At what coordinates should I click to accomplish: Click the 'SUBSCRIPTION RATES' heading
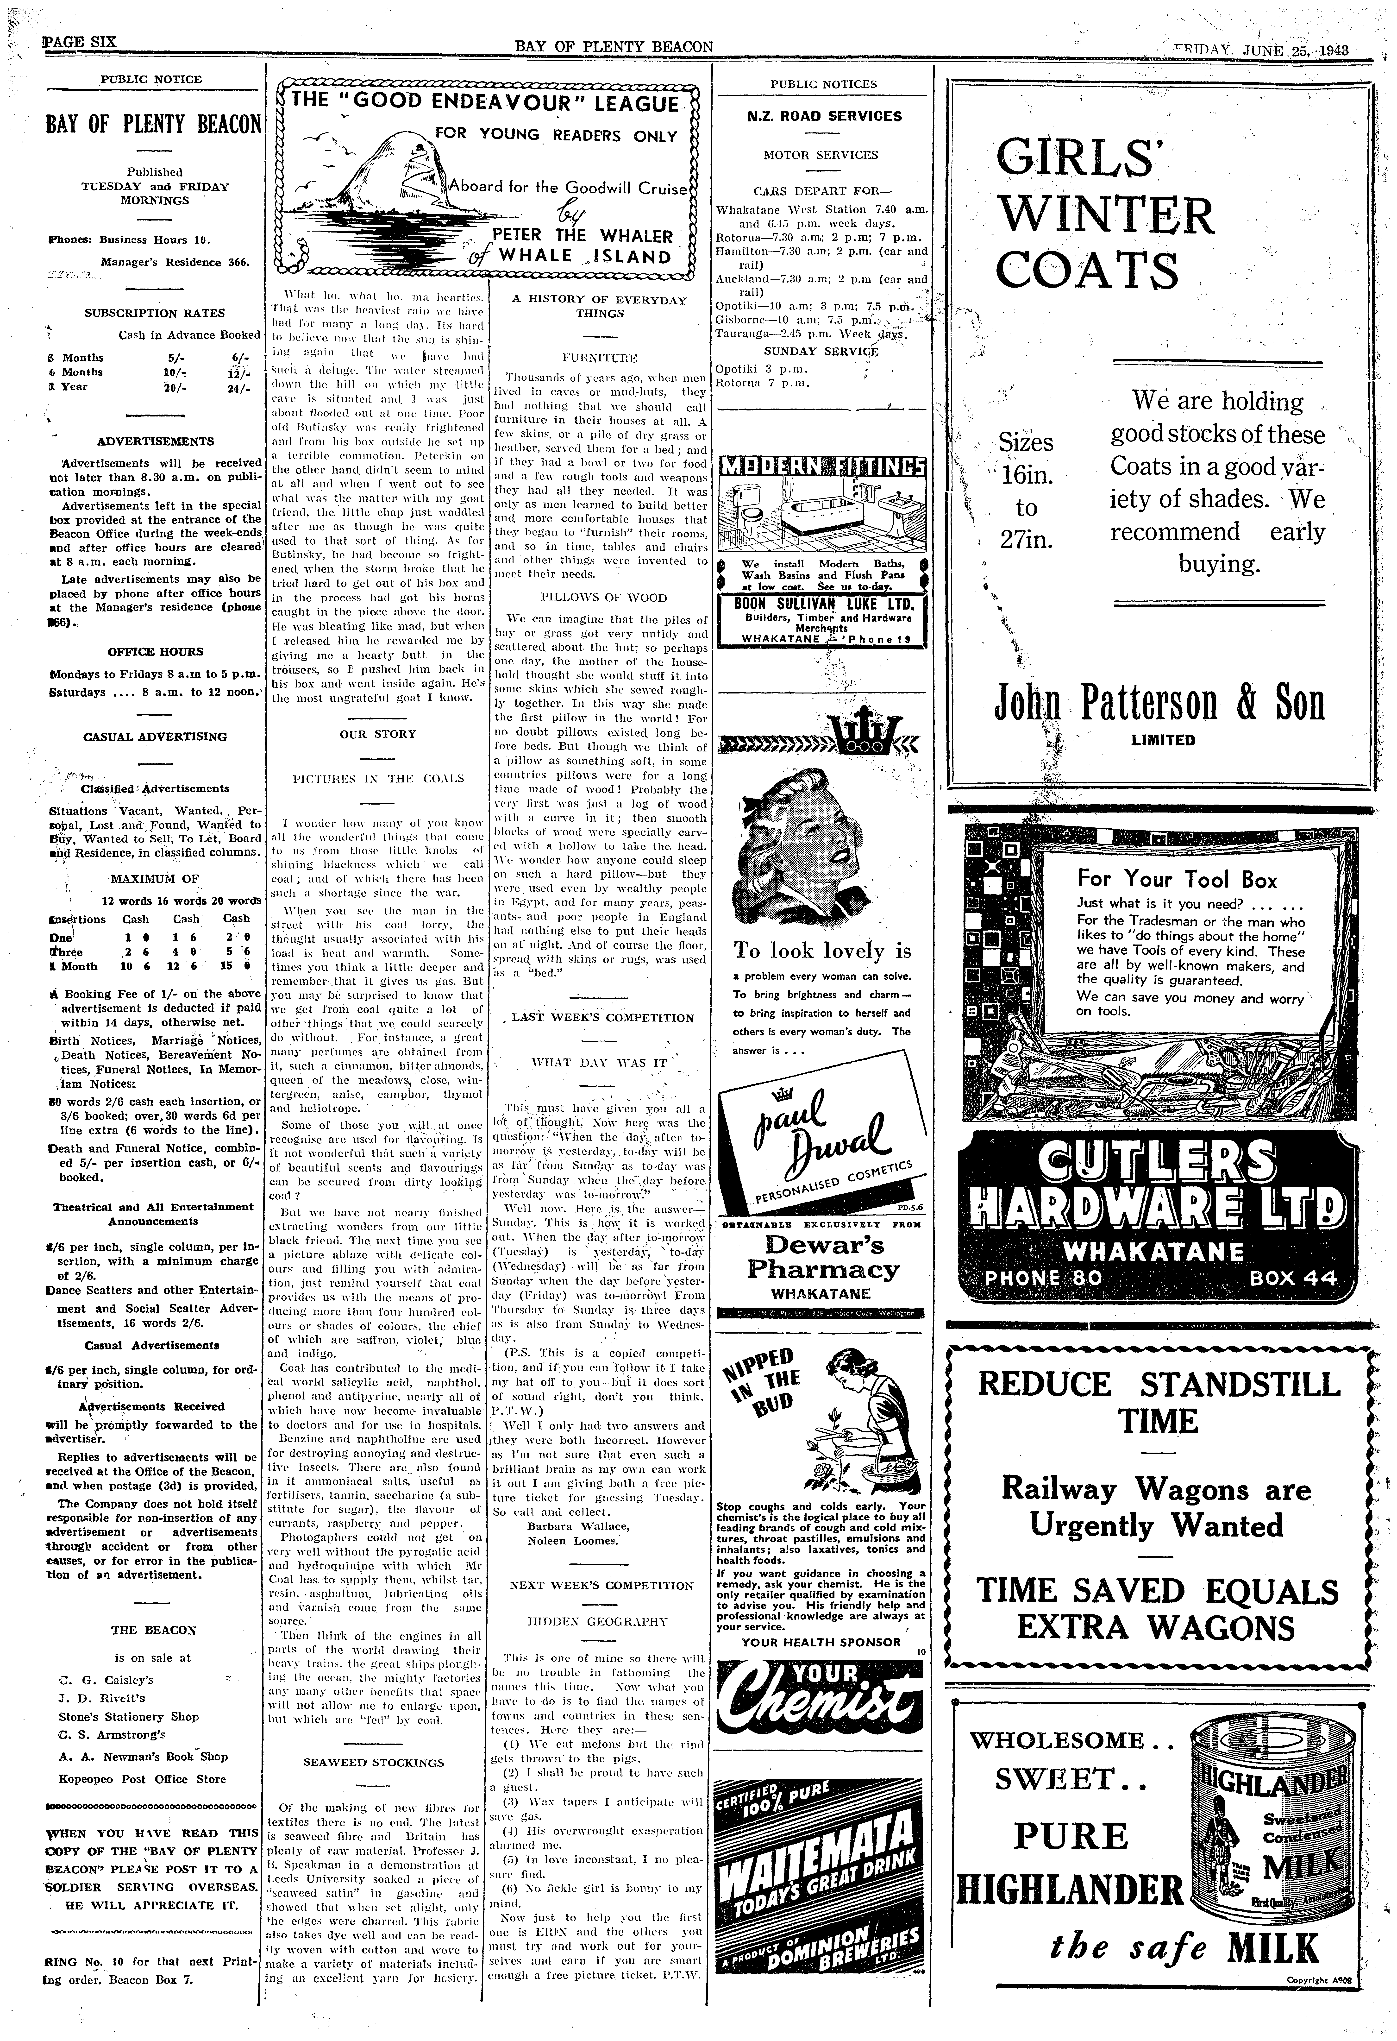point(155,313)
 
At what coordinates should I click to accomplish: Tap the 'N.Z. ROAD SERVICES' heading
point(824,116)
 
